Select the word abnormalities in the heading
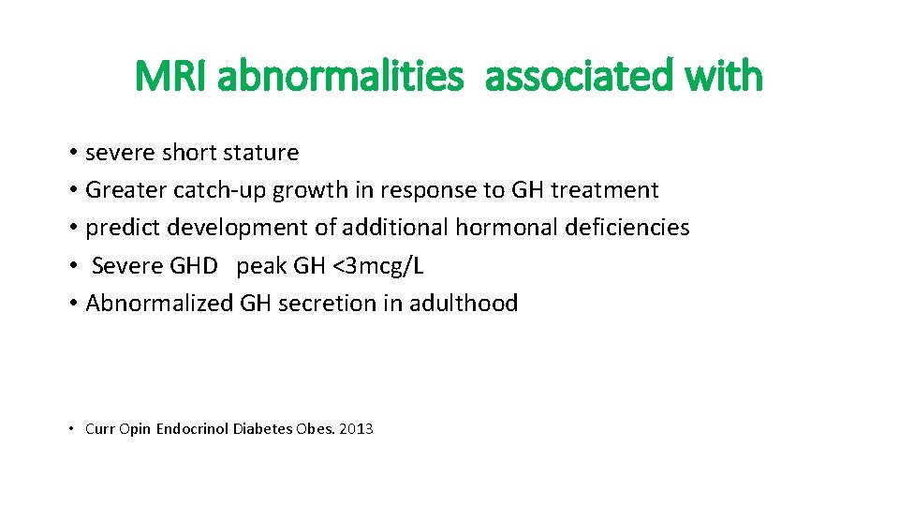tap(340, 76)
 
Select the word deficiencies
tap(627, 228)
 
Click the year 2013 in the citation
tap(357, 429)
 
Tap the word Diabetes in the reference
tap(262, 429)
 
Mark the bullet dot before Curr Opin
tap(72, 430)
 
